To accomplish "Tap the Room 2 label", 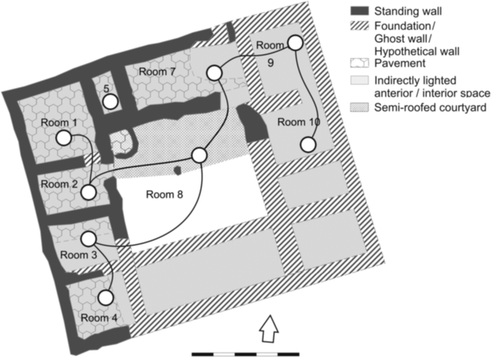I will coord(59,184).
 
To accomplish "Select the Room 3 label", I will coord(77,254).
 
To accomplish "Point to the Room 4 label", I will coord(99,317).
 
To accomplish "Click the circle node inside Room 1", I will coord(64,138).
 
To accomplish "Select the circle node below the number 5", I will coord(110,101).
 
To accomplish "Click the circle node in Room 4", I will coord(106,298).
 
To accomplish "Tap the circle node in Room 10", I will coord(309,144).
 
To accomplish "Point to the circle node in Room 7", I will coord(214,73).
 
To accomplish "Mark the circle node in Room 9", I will coord(296,43).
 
